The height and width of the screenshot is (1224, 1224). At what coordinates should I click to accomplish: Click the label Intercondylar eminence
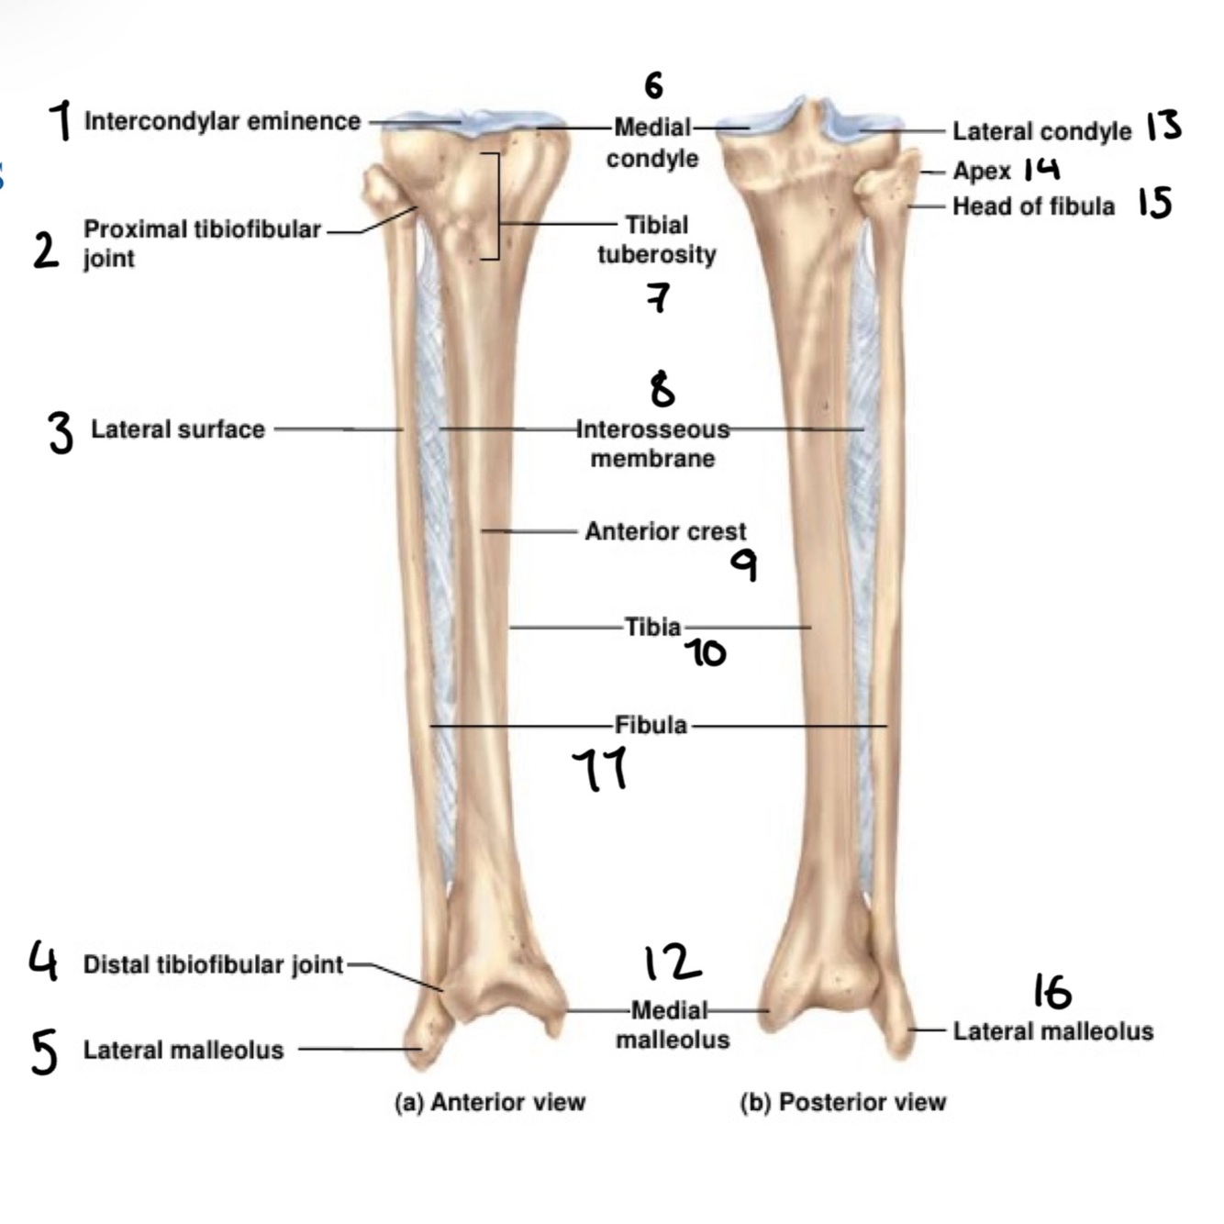coord(222,121)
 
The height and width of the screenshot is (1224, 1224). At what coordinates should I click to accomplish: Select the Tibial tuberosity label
coord(656,239)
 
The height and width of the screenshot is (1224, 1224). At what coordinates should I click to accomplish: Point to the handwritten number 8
coord(662,389)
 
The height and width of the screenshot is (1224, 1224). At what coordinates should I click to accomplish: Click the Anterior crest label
coord(665,531)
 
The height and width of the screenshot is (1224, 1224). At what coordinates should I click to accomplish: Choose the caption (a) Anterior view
coord(489,1102)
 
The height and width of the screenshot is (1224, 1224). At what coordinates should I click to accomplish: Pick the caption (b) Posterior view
coord(842,1102)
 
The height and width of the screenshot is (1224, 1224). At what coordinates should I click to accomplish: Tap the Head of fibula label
coord(1033,206)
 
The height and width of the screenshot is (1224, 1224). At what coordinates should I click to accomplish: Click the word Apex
coord(981,172)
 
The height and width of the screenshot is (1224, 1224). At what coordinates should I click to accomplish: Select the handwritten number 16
coord(1052,992)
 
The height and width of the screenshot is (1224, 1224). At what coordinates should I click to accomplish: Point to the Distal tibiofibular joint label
coord(213,964)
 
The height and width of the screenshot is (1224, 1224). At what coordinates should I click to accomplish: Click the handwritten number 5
coord(44,1052)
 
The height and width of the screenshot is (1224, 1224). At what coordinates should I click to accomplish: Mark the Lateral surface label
coord(177,429)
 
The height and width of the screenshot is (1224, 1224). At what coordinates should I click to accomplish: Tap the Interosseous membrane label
coord(652,444)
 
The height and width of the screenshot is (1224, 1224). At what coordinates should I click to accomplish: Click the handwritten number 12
coord(673,963)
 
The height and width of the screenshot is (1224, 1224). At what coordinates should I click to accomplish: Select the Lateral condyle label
coord(1041,131)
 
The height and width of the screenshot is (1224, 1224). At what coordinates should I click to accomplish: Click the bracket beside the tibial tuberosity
coord(495,206)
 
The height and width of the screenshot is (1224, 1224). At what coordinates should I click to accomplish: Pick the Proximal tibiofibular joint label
coord(202,243)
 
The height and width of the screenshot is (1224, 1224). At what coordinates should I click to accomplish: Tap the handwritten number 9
coord(744,565)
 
